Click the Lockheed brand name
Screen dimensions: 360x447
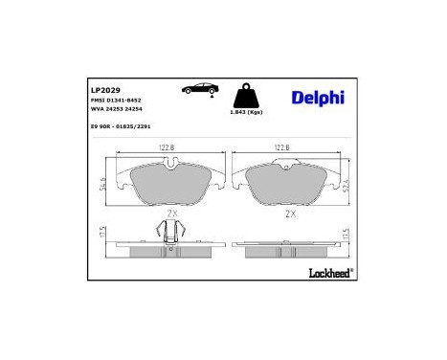click(x=331, y=274)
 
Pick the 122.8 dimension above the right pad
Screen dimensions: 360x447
click(x=283, y=148)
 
